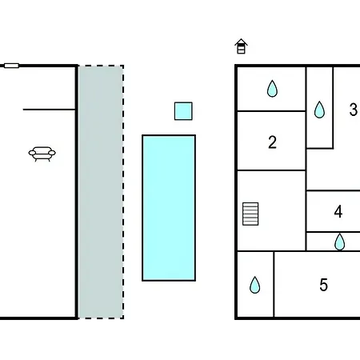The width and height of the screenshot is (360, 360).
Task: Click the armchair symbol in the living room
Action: pyautogui.click(x=42, y=154)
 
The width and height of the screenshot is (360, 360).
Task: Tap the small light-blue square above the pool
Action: pyautogui.click(x=183, y=111)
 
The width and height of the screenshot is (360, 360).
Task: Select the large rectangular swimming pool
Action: pyautogui.click(x=169, y=208)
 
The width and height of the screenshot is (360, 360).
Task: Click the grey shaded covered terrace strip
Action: pyautogui.click(x=101, y=192)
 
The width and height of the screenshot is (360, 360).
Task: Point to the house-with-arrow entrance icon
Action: pyautogui.click(x=241, y=46)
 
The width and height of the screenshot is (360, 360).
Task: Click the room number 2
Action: pyautogui.click(x=272, y=142)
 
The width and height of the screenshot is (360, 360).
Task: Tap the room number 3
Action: pyautogui.click(x=354, y=110)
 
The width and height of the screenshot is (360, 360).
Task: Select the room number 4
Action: pyautogui.click(x=338, y=211)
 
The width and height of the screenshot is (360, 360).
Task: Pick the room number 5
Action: pyautogui.click(x=324, y=285)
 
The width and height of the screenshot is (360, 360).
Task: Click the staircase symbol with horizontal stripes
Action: pyautogui.click(x=250, y=214)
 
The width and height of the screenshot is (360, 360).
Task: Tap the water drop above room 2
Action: pyautogui.click(x=272, y=89)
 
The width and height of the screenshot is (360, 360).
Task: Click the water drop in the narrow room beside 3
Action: pyautogui.click(x=319, y=110)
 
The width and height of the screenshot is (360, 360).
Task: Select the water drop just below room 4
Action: pyautogui.click(x=340, y=242)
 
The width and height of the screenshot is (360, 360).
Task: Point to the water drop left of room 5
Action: pyautogui.click(x=255, y=285)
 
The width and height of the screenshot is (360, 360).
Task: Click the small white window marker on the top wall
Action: pyautogui.click(x=11, y=66)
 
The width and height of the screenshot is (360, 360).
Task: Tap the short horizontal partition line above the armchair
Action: pyautogui.click(x=50, y=110)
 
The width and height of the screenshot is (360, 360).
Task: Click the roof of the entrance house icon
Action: pyautogui.click(x=241, y=42)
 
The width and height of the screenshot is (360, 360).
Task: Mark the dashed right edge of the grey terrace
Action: pyautogui.click(x=123, y=192)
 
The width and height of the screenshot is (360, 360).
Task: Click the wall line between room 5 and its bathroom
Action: pyautogui.click(x=274, y=284)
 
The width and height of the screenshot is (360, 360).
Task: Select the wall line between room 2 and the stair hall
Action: pyautogui.click(x=271, y=170)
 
